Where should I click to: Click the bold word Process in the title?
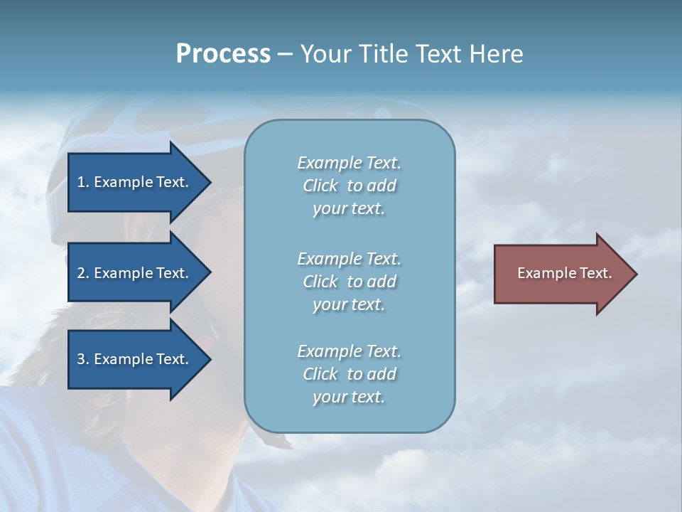click(223, 54)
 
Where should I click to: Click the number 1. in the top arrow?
click(83, 182)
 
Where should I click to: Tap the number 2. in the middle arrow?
click(83, 273)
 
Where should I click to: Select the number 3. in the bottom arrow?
click(83, 359)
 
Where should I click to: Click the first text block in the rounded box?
click(349, 186)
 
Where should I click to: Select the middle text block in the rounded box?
click(349, 282)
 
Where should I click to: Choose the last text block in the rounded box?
click(349, 374)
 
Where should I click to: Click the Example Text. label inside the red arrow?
click(565, 273)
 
